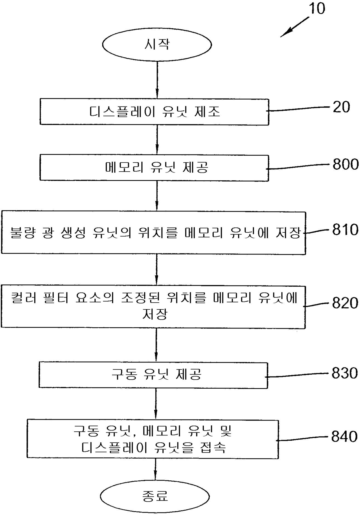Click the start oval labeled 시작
point(157,45)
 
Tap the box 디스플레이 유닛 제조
point(154,112)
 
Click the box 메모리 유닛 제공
point(154,168)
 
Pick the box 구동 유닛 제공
point(153,375)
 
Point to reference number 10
point(317,8)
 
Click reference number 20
point(341,107)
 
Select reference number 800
point(345,164)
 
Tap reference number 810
point(345,230)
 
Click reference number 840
point(344,437)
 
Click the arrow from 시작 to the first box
point(157,80)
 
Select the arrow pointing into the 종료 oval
point(155,469)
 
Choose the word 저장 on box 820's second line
point(155,314)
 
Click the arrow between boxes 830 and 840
point(156,404)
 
